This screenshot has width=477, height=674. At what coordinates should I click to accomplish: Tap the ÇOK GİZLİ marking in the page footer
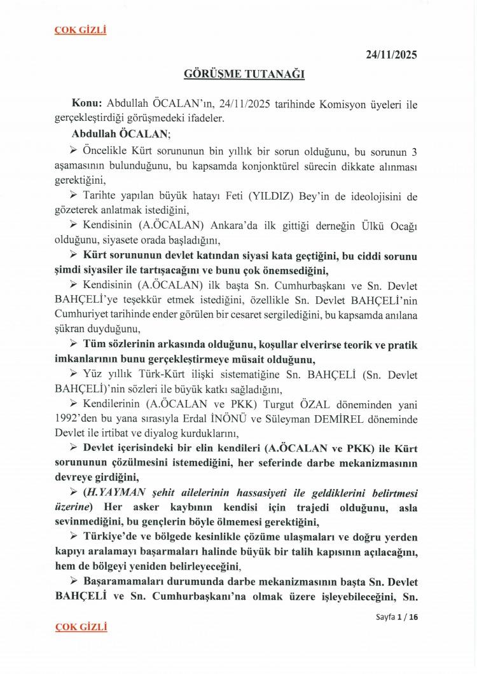click(x=81, y=626)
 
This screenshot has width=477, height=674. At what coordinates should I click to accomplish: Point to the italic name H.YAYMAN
click(x=111, y=493)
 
